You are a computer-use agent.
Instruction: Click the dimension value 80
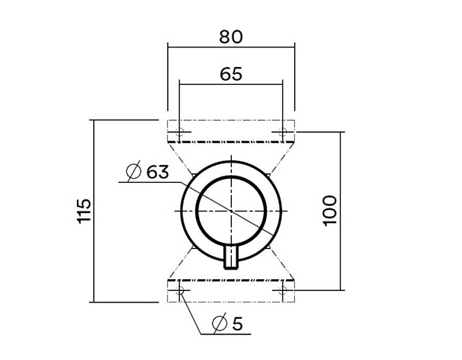point(231,37)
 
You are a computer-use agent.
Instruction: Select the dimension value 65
point(231,74)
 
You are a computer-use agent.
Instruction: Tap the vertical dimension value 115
point(85,210)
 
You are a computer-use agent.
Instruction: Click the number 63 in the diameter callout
point(156,172)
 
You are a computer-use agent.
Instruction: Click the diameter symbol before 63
point(132,172)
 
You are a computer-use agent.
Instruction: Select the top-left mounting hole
point(180,131)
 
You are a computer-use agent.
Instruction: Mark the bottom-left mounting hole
point(180,291)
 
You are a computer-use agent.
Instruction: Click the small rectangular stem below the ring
point(231,257)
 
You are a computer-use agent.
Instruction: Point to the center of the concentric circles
point(231,211)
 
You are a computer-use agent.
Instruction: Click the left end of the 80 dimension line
point(168,48)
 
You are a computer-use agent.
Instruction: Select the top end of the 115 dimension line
point(93,121)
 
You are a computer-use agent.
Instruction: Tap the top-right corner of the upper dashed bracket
point(295,121)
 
